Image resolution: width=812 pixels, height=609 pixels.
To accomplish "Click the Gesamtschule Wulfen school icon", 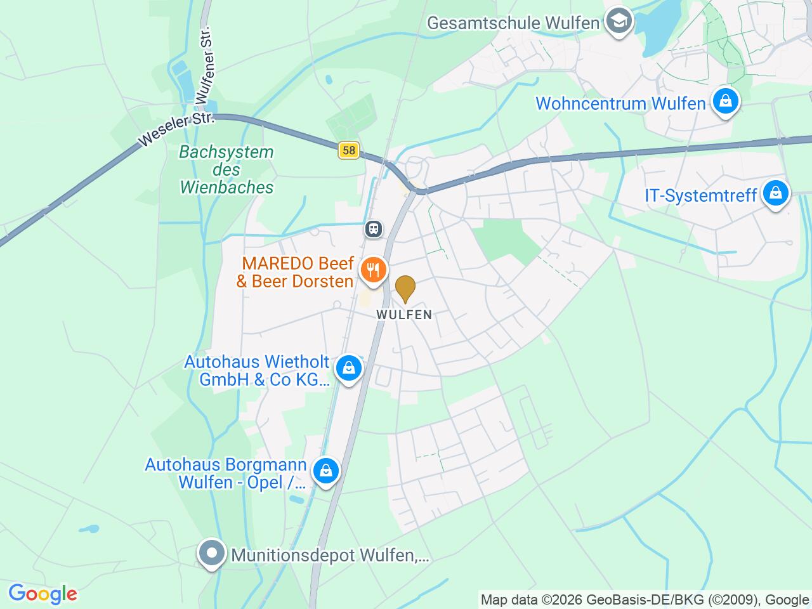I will click(616, 22).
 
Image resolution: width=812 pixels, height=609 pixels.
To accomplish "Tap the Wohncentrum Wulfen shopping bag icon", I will click(725, 101).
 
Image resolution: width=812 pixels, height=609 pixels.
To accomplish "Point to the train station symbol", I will click(374, 228).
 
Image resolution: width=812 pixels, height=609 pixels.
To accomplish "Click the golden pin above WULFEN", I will click(405, 289).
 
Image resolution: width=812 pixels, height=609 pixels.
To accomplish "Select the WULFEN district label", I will click(404, 315).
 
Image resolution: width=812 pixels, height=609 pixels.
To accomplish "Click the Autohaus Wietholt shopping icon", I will click(348, 367).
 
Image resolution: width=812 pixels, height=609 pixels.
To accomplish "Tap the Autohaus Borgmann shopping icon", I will click(325, 471).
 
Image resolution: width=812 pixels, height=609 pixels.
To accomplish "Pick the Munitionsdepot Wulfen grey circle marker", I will click(212, 554).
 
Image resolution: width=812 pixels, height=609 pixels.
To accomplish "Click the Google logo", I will click(43, 594).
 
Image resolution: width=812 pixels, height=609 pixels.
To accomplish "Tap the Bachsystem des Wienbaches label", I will click(226, 169).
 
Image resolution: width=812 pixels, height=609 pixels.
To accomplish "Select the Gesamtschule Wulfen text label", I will click(513, 23).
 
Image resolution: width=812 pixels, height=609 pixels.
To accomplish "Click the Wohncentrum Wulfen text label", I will click(620, 103).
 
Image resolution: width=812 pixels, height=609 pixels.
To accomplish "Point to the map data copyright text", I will click(645, 599).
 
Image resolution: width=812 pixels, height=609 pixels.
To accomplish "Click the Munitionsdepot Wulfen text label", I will click(331, 556).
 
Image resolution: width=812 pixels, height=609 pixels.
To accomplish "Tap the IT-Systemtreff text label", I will click(701, 195).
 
